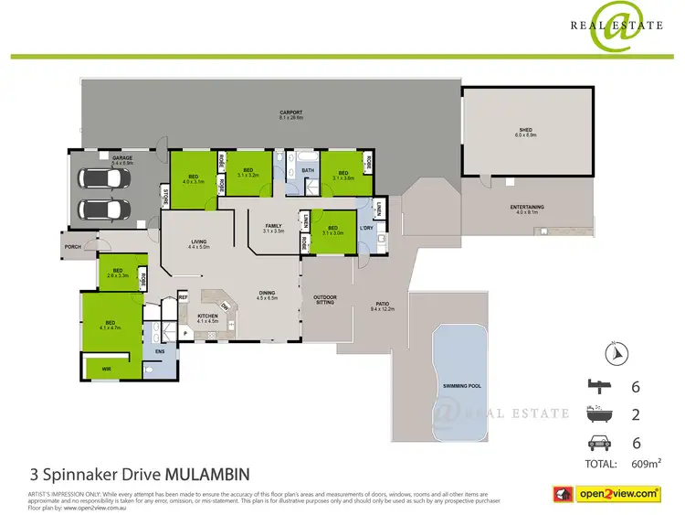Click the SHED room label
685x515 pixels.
[526, 131]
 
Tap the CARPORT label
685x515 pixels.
[291, 114]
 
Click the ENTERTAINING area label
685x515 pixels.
[527, 208]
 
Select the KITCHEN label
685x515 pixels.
[207, 317]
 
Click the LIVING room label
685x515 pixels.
[199, 241]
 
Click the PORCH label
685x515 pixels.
[72, 246]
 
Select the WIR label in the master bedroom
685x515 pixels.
[106, 370]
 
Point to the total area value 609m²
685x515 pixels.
[647, 464]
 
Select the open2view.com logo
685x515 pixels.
[618, 494]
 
